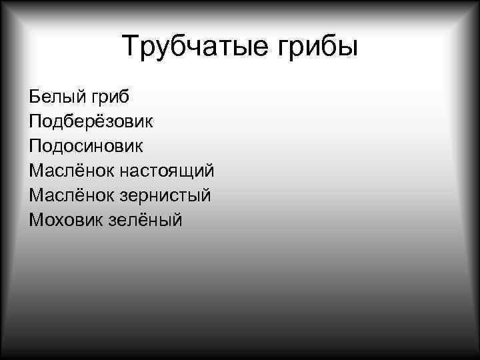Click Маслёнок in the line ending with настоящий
71,170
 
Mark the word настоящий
167,171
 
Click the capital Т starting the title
130,47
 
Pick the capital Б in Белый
35,97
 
